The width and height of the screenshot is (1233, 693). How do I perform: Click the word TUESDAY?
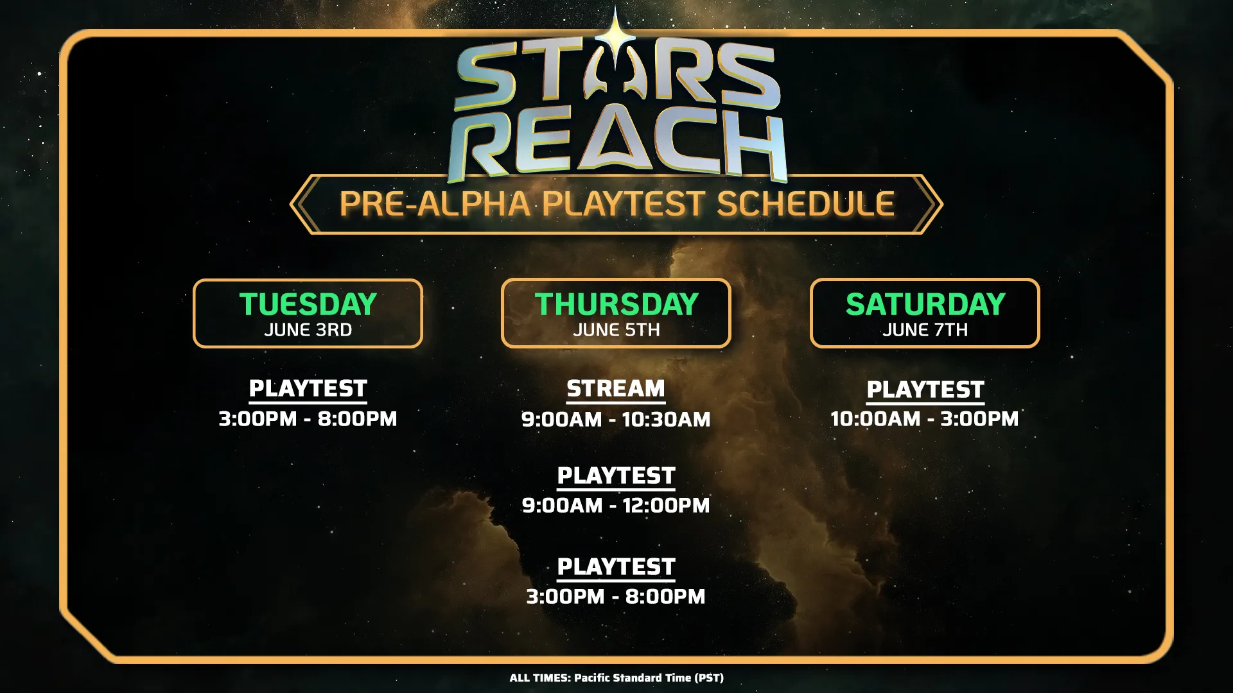pos(308,304)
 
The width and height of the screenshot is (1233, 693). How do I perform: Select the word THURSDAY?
pos(616,304)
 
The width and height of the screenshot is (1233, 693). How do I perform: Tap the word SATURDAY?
pos(925,304)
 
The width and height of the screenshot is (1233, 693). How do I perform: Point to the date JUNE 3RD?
pos(308,330)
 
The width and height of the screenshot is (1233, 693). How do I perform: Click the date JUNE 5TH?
pos(616,330)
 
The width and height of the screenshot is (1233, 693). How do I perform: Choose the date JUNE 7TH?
pos(925,330)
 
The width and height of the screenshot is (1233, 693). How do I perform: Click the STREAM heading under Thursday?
pos(616,389)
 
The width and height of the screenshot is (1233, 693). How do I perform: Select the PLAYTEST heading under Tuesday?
pos(308,389)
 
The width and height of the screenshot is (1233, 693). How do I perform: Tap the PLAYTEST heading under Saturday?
pos(925,389)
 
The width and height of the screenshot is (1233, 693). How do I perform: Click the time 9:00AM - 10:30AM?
pos(616,420)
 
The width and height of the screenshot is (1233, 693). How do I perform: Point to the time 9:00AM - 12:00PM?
pos(616,506)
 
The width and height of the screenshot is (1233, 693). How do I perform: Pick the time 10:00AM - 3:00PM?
pos(925,419)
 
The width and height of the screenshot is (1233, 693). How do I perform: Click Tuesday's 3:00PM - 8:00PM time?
pos(308,419)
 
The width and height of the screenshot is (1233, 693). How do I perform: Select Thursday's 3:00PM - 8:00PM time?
pos(616,597)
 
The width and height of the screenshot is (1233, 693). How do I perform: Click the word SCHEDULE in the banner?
pos(805,204)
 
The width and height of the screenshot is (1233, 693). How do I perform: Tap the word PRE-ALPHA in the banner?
pos(435,204)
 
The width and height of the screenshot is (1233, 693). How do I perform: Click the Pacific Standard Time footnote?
pos(616,678)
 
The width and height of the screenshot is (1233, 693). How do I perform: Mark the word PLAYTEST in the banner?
pos(624,204)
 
